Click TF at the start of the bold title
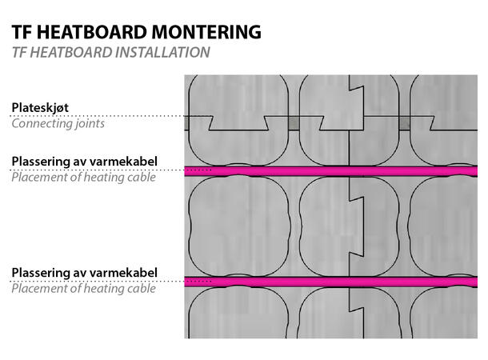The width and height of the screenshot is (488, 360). [21, 32]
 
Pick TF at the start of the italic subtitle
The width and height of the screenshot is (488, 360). [19, 53]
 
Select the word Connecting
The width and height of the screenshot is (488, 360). [42, 123]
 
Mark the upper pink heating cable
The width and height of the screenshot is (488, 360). [336, 171]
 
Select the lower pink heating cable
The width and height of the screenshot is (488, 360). [336, 282]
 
